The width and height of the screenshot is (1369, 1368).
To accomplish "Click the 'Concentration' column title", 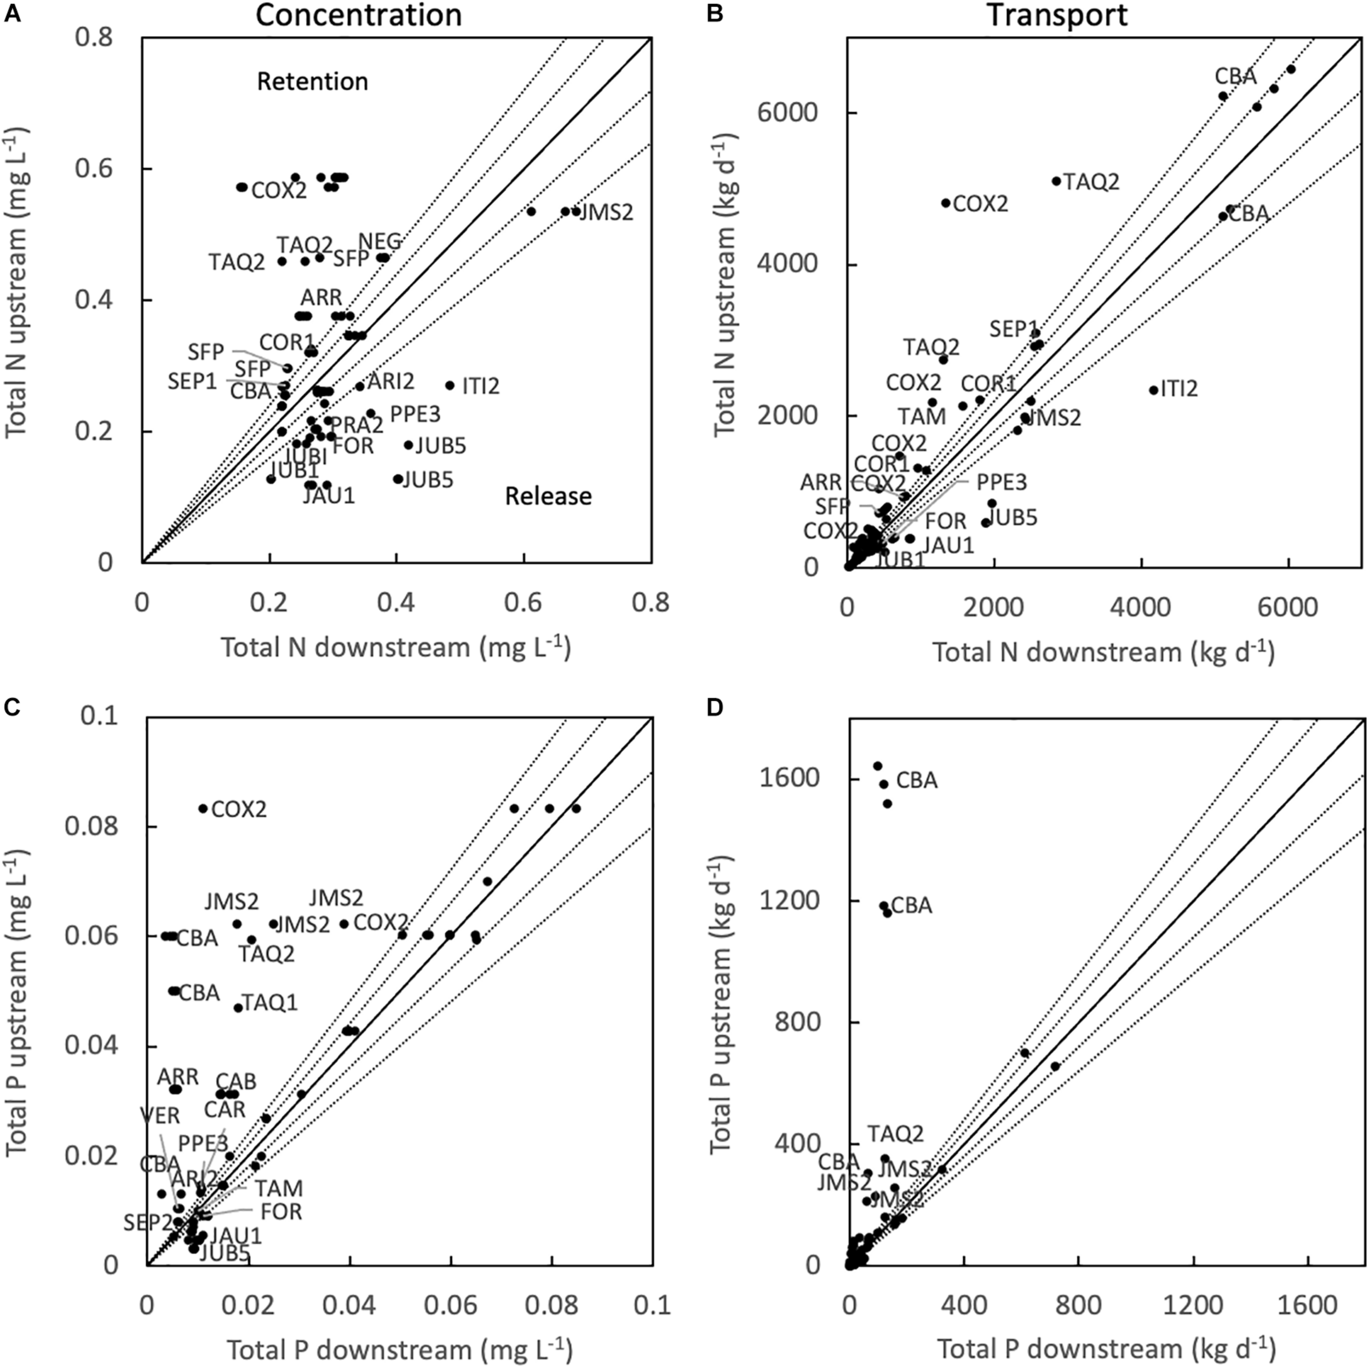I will (x=359, y=15).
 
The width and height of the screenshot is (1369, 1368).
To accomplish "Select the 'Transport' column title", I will (x=1057, y=15).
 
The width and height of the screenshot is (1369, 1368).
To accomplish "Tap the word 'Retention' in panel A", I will (x=313, y=82).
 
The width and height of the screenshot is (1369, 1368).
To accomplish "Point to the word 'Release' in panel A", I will (x=548, y=497).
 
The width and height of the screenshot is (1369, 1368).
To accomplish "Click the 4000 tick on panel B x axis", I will (x=1141, y=607).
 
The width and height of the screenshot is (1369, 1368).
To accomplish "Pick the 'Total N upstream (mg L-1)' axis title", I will (x=17, y=284).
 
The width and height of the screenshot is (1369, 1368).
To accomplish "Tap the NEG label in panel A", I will (x=380, y=241).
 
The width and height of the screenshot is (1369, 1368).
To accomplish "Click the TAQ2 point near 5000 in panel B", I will (x=1056, y=181).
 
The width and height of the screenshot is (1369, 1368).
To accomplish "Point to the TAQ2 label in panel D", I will (x=896, y=1134).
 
